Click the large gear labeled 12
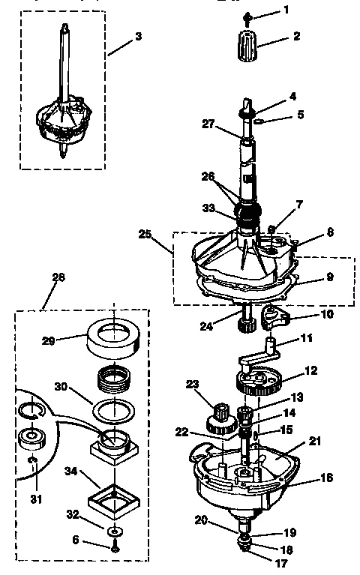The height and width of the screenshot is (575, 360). tap(256, 385)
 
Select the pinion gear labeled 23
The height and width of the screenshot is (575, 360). tap(221, 415)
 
